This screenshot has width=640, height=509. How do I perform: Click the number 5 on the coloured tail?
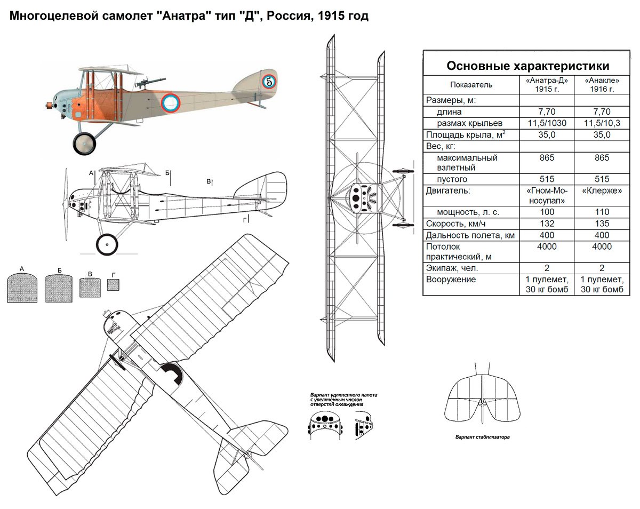point(269,81)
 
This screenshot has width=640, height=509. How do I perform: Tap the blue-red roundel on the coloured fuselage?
point(171,103)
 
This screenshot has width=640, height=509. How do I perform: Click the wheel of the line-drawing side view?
point(107,245)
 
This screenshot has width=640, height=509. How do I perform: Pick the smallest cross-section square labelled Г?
point(113,285)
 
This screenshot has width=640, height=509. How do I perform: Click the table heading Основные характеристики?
point(527,66)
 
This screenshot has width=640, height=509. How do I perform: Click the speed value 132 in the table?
point(547,224)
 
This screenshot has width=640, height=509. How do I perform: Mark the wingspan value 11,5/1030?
point(547,123)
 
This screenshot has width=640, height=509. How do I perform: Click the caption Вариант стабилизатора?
point(483,438)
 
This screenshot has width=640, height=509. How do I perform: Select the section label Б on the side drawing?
point(167,173)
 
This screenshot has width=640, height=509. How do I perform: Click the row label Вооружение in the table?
point(451,280)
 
